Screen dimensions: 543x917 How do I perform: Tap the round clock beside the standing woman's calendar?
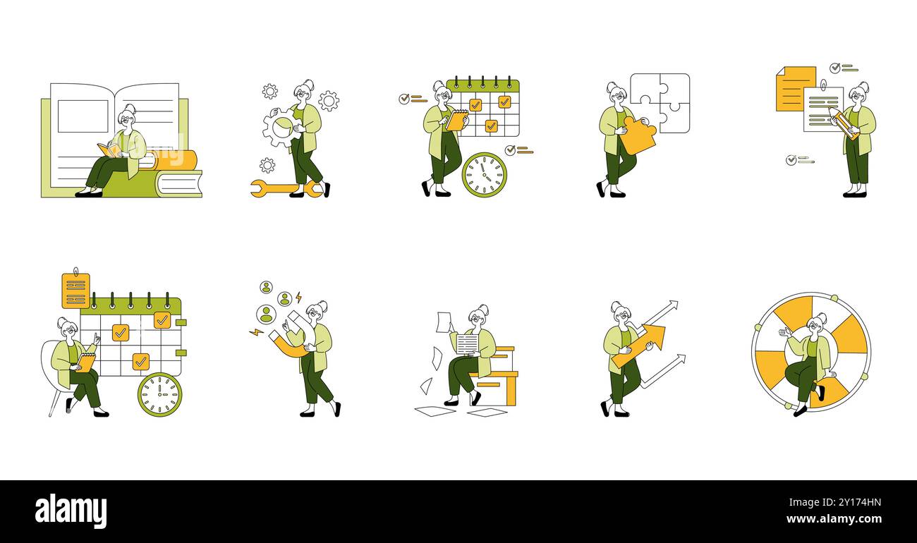(484, 174)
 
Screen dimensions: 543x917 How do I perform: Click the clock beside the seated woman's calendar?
(159, 394)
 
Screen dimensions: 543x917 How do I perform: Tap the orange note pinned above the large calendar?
(75, 291)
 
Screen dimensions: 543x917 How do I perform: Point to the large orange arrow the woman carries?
(639, 345)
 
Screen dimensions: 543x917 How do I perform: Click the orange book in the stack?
(172, 160)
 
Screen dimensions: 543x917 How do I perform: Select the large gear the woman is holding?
(279, 128)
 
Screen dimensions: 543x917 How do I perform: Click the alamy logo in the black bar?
(71, 511)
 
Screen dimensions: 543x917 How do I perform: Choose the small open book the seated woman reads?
(109, 150)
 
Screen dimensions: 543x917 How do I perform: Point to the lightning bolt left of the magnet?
(255, 331)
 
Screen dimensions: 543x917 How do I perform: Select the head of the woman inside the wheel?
(816, 325)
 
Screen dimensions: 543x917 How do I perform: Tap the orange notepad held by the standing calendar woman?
(456, 121)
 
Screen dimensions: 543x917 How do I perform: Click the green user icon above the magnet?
(266, 314)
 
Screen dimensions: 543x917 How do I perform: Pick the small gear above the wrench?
(267, 165)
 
